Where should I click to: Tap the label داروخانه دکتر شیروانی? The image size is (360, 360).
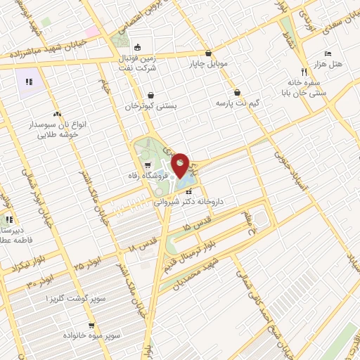[189, 201]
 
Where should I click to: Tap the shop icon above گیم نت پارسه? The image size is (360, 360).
[238, 92]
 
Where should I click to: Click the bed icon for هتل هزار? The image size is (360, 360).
[328, 53]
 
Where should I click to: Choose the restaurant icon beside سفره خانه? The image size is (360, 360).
[304, 71]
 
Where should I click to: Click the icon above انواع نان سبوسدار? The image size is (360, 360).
[57, 113]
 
